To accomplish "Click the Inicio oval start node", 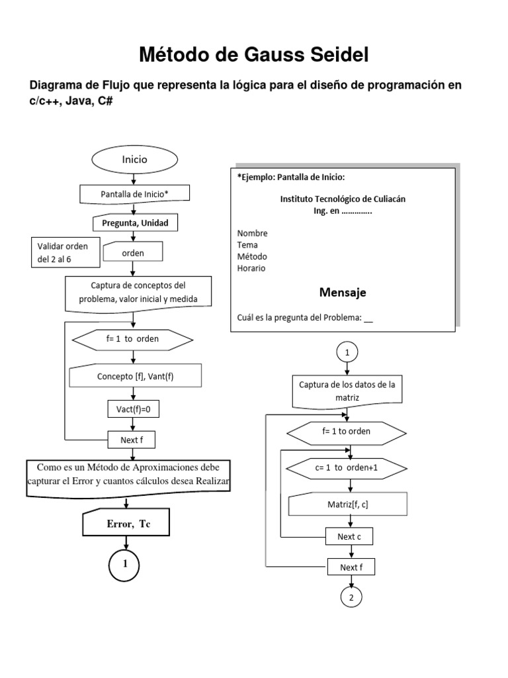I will coord(134,160).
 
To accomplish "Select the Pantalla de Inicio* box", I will coord(135,194).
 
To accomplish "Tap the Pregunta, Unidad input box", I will coord(135,223).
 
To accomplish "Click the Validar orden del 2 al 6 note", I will coord(63,252).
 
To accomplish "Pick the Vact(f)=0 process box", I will coord(134,409).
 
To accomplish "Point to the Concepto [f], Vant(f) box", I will coord(135,376).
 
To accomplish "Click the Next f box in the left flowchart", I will coord(134,439).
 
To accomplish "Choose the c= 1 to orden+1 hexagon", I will coord(347,467).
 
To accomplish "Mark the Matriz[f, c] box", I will coord(347,505).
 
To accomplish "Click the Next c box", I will coord(349,536).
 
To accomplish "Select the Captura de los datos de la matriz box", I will coord(347,391).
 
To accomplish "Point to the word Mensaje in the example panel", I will coord(343,292).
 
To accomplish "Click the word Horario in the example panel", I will coord(252,268).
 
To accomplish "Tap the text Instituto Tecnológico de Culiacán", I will coord(342,198).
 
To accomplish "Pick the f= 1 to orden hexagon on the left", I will coord(132,339).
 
